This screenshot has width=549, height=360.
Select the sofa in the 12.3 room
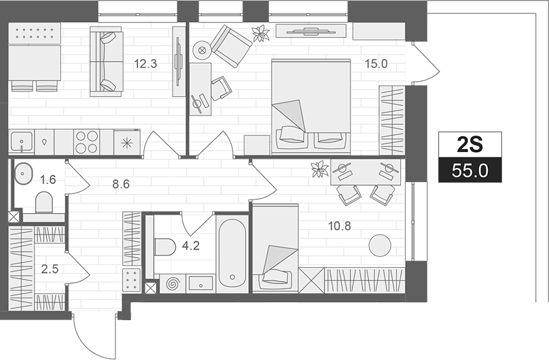click(x=104, y=61)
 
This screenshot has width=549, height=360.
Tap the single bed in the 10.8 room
click(x=275, y=248)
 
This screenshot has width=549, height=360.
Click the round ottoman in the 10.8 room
click(x=380, y=245)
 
